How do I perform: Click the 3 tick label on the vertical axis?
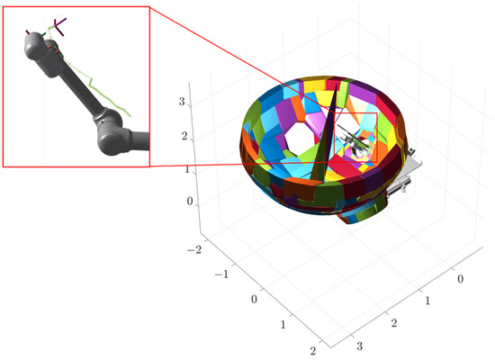tap(182, 102)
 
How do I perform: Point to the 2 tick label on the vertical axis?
tap(184, 136)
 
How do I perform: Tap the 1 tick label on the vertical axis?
tap(187, 169)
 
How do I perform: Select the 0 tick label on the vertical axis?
tap(189, 202)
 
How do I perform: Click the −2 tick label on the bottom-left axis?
tap(193, 250)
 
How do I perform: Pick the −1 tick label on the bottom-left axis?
tap(221, 274)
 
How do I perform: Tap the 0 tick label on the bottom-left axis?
tap(254, 299)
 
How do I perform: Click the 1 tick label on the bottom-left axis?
tap(283, 324)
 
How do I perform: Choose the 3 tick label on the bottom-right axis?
tap(360, 346)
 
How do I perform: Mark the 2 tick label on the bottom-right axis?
tap(394, 323)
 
